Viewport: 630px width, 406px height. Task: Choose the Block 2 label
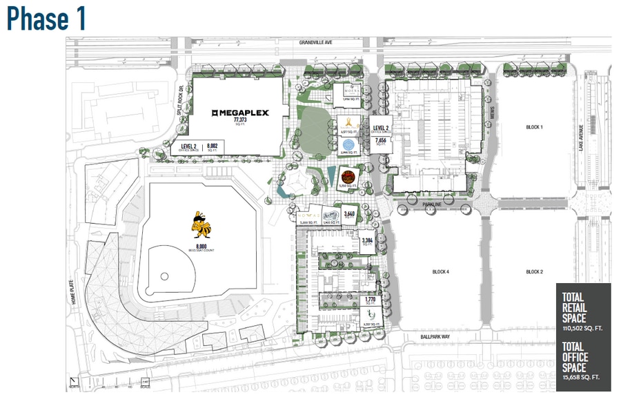[534, 272]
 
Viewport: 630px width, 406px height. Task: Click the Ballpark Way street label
[434, 337]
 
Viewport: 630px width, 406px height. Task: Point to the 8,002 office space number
[213, 146]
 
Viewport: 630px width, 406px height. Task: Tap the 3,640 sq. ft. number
[350, 215]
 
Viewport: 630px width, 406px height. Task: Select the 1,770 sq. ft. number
[369, 300]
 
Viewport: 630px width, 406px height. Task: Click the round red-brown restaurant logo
[347, 173]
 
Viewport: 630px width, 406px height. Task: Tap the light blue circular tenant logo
[348, 145]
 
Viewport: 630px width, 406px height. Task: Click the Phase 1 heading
[47, 19]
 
